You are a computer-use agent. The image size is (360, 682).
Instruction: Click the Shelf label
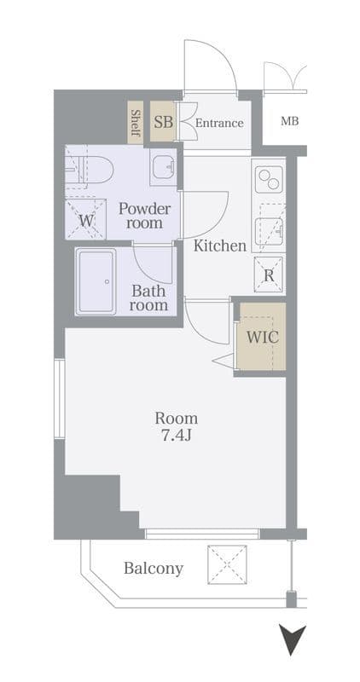point(136,123)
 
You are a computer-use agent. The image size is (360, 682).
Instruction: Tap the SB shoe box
point(163,121)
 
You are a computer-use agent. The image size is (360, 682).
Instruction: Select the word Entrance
point(219,123)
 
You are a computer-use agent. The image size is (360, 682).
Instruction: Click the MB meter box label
point(289,121)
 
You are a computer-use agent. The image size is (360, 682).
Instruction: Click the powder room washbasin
point(164,167)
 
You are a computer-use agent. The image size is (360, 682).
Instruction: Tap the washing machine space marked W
point(86,219)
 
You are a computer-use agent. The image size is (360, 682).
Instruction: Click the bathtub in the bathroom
point(96,281)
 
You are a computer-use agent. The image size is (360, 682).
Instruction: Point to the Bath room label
point(148,298)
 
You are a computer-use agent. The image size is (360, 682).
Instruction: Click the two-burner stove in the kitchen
point(268,179)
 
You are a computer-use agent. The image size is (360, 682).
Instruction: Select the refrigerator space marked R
point(269,275)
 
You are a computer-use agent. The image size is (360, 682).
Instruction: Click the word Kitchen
point(220,246)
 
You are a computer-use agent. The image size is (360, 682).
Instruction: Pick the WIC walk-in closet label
point(263,337)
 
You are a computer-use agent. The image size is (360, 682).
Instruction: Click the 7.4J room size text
point(177,436)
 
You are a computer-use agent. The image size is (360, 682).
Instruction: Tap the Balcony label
point(154,569)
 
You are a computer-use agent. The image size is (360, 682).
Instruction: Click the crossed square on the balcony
point(227,564)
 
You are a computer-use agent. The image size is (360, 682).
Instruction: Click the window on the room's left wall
point(60,398)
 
